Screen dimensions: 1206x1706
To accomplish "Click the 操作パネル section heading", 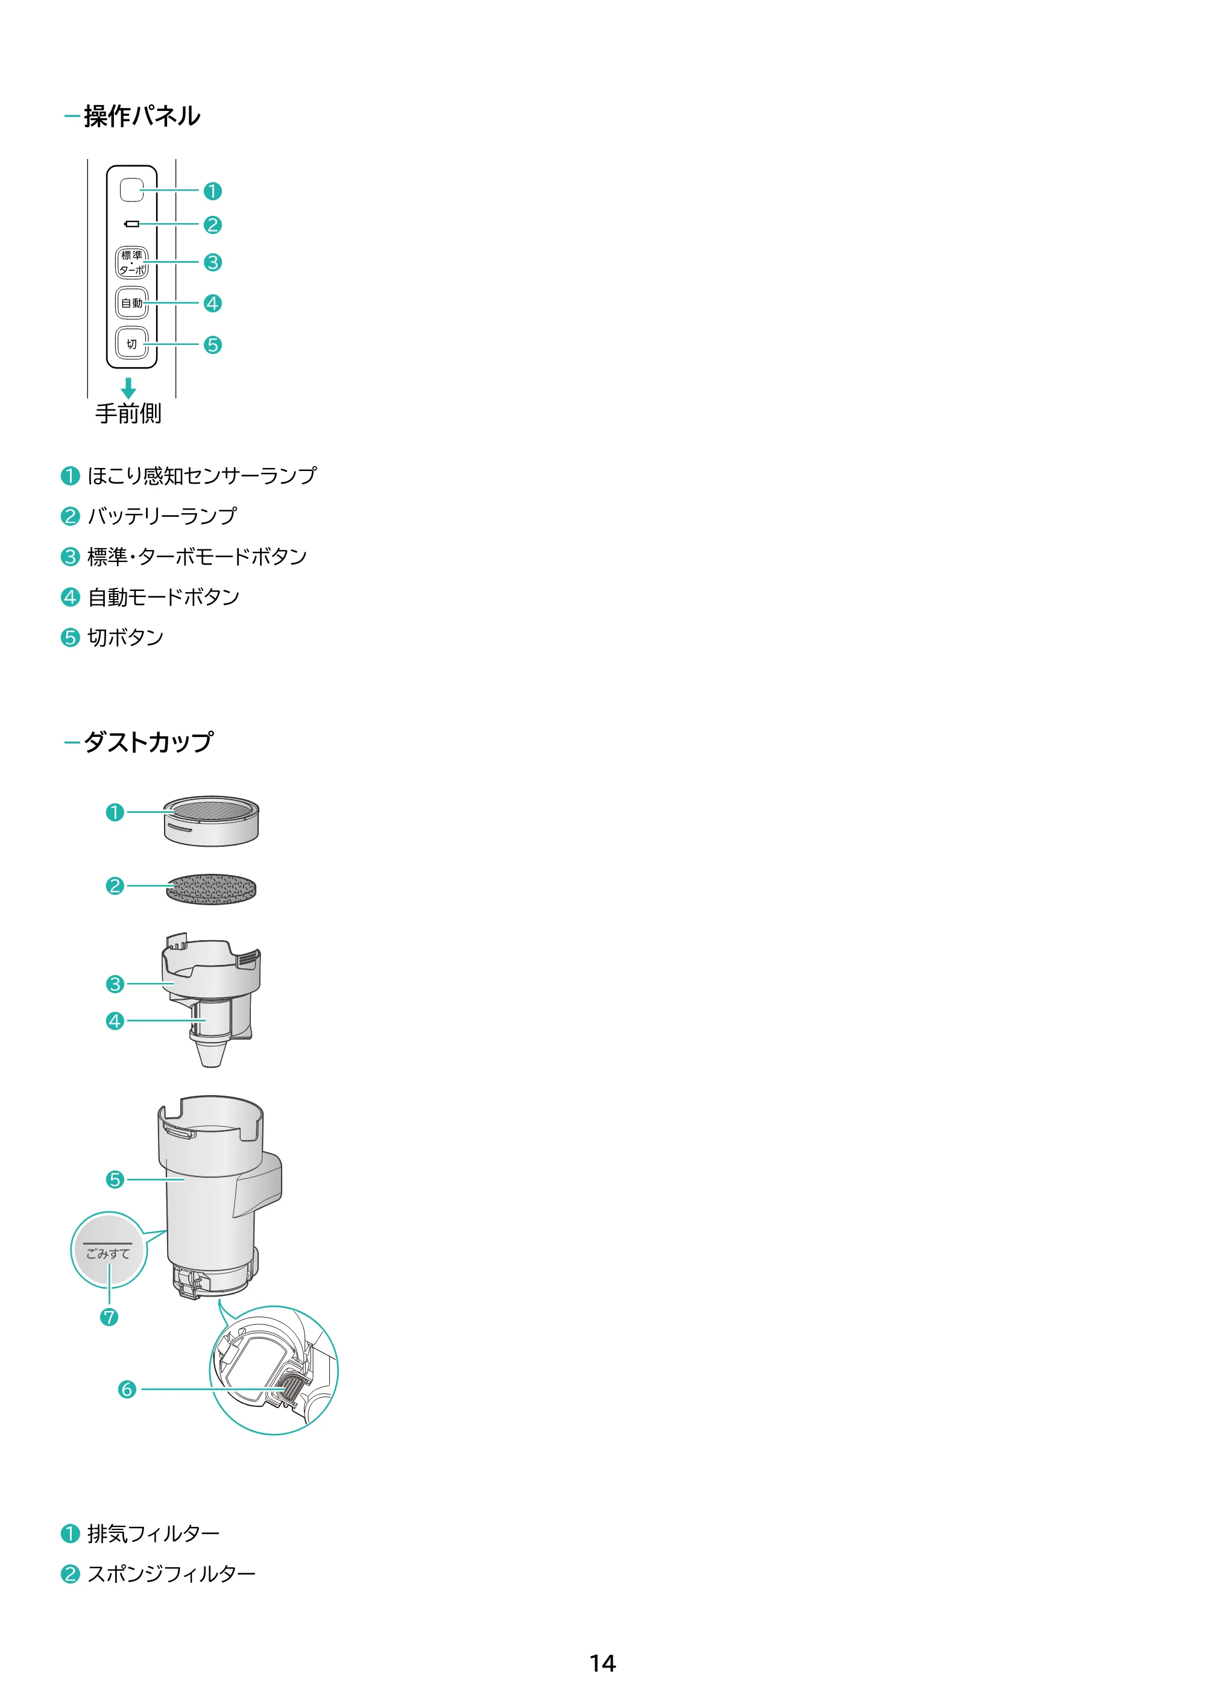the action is click(x=141, y=116).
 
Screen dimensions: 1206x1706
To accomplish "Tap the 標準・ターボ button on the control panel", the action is click(x=131, y=263).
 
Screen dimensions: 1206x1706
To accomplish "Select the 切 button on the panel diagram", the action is click(x=131, y=344).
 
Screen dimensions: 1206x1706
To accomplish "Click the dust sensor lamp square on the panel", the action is click(x=131, y=189).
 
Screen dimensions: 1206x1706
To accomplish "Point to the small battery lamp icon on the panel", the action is click(x=132, y=224).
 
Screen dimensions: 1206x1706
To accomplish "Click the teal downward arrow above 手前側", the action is click(x=128, y=388).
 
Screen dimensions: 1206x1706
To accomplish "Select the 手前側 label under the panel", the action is click(x=128, y=414).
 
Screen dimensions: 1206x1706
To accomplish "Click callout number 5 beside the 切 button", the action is click(x=212, y=345).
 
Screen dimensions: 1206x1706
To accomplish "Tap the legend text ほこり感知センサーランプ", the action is click(x=202, y=476).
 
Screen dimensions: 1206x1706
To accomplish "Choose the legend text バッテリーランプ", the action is click(x=162, y=516).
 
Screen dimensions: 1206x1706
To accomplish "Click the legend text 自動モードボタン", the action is click(x=163, y=596).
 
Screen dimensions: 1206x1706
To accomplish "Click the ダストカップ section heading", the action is click(x=148, y=742).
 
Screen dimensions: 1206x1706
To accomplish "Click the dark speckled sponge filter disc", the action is click(x=211, y=889).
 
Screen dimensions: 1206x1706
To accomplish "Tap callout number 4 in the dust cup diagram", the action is click(x=115, y=1021).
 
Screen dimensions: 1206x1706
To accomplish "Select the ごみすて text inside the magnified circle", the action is click(x=108, y=1254).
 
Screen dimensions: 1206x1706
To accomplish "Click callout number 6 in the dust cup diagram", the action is click(x=127, y=1389).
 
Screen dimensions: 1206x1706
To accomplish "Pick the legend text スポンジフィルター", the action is click(x=172, y=1574).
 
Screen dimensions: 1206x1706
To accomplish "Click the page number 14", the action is click(x=602, y=1663).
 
